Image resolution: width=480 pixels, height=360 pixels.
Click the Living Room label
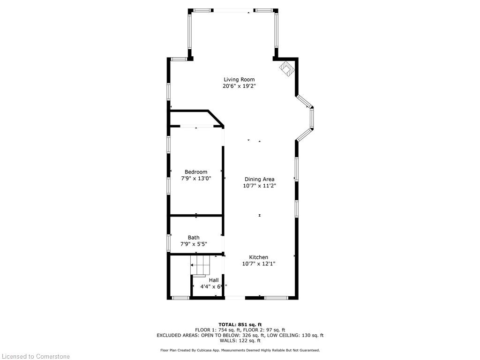click(x=239, y=79)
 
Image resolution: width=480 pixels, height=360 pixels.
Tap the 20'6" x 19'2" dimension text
click(x=239, y=86)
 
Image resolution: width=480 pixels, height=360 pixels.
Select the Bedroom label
click(x=195, y=172)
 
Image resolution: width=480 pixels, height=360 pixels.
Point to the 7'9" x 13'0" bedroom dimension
click(x=196, y=179)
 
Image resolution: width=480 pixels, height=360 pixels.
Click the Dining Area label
click(x=259, y=179)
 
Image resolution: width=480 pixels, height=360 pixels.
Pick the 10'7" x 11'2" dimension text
click(x=259, y=186)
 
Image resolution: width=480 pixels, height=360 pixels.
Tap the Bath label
click(x=194, y=238)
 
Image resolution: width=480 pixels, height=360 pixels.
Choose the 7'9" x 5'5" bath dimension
click(x=194, y=244)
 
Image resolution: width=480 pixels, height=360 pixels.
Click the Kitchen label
click(x=258, y=257)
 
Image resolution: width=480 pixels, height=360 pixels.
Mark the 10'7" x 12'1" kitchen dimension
click(x=258, y=264)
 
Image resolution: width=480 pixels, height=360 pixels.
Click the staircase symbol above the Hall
click(x=200, y=265)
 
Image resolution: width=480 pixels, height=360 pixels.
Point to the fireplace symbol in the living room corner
click(x=286, y=69)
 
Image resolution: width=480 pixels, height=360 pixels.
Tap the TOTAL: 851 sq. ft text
click(x=240, y=324)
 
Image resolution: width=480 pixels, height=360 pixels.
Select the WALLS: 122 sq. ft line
click(x=240, y=341)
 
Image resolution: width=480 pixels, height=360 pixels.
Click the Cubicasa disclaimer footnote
click(x=240, y=350)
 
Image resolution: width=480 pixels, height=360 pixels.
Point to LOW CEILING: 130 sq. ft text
click(x=295, y=335)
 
